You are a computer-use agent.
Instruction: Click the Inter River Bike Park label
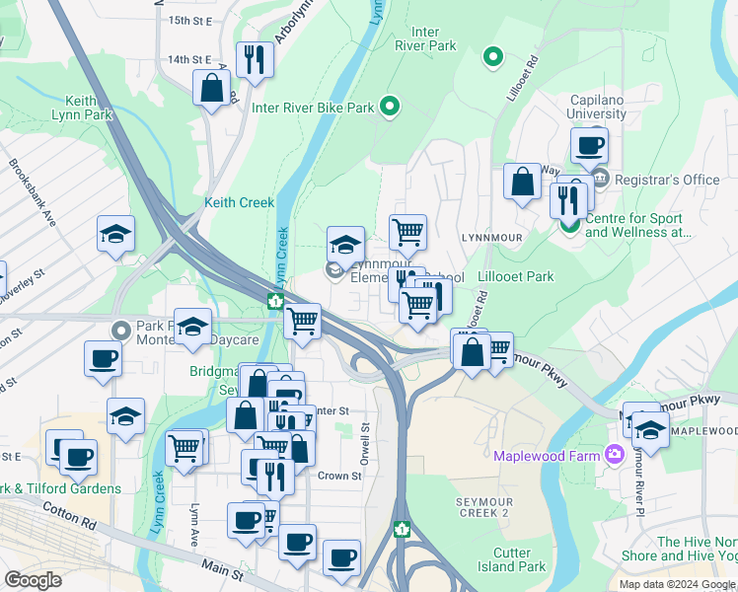pos(314,108)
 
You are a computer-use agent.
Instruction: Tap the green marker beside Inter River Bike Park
pos(390,107)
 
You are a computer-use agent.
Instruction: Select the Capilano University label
pos(612,107)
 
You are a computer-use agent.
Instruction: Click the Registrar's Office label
pos(667,180)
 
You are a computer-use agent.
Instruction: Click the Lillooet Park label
pos(515,277)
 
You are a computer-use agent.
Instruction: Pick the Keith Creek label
pos(239,202)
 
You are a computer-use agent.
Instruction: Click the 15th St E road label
pos(190,20)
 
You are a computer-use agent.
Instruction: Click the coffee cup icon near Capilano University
pos(590,146)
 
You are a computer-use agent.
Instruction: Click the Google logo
pos(33,580)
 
